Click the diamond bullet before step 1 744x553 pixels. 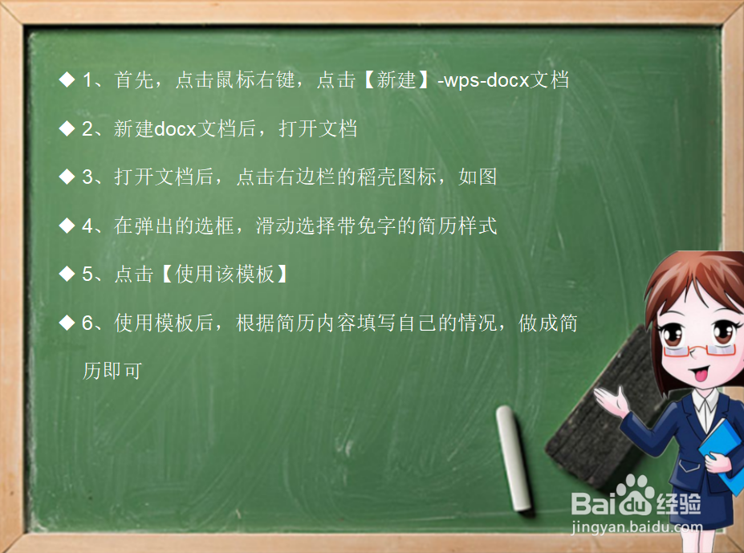[67, 80]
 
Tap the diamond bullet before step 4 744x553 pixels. [67, 226]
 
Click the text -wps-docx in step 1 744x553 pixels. [486, 81]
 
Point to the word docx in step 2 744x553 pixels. [175, 129]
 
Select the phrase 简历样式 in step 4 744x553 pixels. [457, 226]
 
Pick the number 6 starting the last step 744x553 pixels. [88, 323]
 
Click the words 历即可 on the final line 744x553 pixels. [112, 372]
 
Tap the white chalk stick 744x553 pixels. [514, 457]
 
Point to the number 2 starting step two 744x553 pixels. [88, 129]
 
